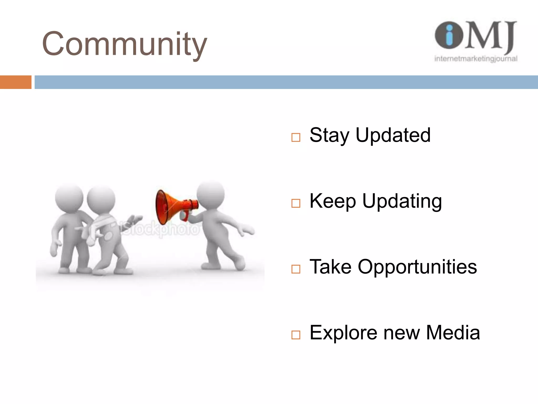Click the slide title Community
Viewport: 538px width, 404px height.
pyautogui.click(x=125, y=44)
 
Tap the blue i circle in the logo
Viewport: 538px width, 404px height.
pyautogui.click(x=449, y=35)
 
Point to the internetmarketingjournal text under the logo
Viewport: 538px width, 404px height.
pyautogui.click(x=476, y=59)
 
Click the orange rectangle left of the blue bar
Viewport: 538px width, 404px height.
pyautogui.click(x=15, y=82)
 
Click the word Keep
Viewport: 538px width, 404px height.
pyautogui.click(x=333, y=201)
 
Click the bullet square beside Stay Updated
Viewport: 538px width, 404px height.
pyautogui.click(x=296, y=137)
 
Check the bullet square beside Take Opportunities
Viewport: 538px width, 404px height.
pyautogui.click(x=296, y=269)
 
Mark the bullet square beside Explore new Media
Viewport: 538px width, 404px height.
pyautogui.click(x=296, y=335)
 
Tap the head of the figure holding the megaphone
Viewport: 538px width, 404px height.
pyautogui.click(x=211, y=195)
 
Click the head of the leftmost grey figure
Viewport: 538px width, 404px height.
pyautogui.click(x=69, y=198)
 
